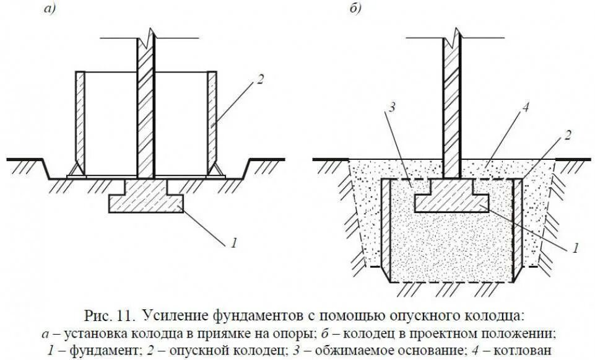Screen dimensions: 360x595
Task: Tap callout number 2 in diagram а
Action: pos(261,80)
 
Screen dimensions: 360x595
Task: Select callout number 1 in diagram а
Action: pos(233,243)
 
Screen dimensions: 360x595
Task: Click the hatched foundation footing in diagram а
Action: pos(146,200)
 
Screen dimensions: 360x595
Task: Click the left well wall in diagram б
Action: pos(385,229)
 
